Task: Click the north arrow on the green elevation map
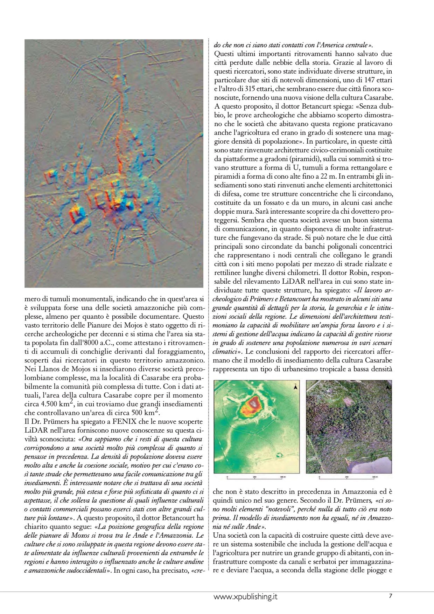[x=295, y=387]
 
